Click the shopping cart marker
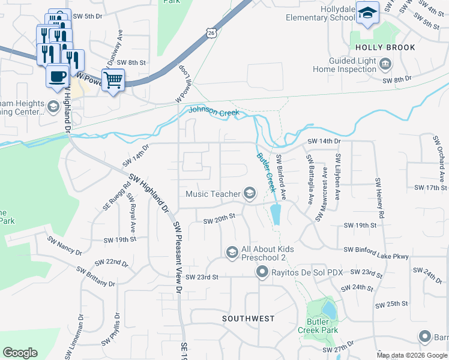point(113,79)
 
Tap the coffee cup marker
point(58,76)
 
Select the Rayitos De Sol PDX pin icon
point(262,272)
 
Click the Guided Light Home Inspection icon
point(385,62)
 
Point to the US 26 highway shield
point(209,34)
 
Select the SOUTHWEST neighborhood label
point(248,319)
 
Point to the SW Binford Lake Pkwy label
point(376,257)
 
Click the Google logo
point(20,353)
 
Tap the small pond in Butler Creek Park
point(329,310)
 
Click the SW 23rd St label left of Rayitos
point(202,277)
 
